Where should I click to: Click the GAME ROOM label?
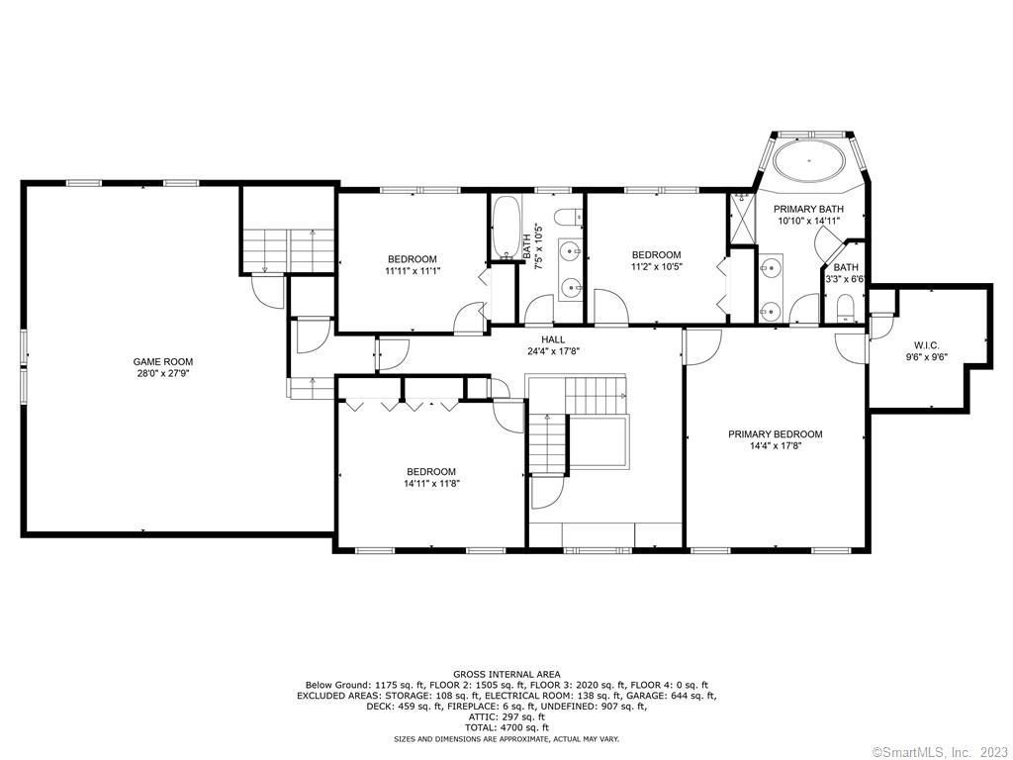coord(163,362)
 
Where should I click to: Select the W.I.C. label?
coord(926,345)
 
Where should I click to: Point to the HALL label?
coord(553,339)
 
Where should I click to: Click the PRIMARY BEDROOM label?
coord(776,434)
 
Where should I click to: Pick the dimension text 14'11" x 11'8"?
coord(431,483)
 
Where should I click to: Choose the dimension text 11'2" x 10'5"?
coord(657,266)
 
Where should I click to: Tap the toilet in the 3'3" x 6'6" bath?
coord(845,308)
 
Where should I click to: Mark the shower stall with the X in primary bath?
coord(742,218)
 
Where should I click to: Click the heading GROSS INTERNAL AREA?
coord(506,675)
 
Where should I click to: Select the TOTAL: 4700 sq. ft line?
coord(506,727)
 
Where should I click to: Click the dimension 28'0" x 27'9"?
coord(163,373)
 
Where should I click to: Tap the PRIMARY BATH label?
coord(809,210)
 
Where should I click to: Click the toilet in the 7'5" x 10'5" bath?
coord(569,217)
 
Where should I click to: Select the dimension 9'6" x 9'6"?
coord(926,356)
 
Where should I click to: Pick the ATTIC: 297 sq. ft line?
coord(506,716)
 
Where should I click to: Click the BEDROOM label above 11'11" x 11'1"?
coord(413,259)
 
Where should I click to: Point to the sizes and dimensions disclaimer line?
coord(506,738)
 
